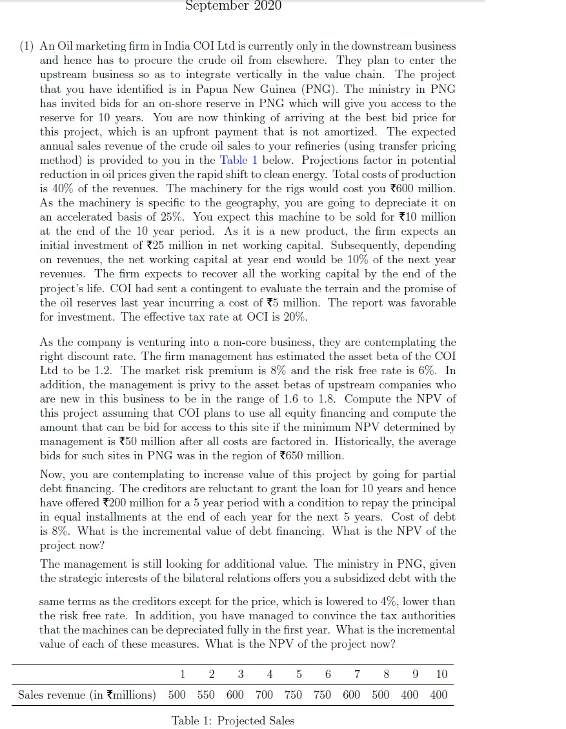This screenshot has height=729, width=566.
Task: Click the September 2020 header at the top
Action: point(233,6)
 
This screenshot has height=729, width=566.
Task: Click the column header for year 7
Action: point(357,674)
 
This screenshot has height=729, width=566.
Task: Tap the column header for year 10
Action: point(441,674)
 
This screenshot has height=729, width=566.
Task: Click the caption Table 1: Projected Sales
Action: point(233,720)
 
